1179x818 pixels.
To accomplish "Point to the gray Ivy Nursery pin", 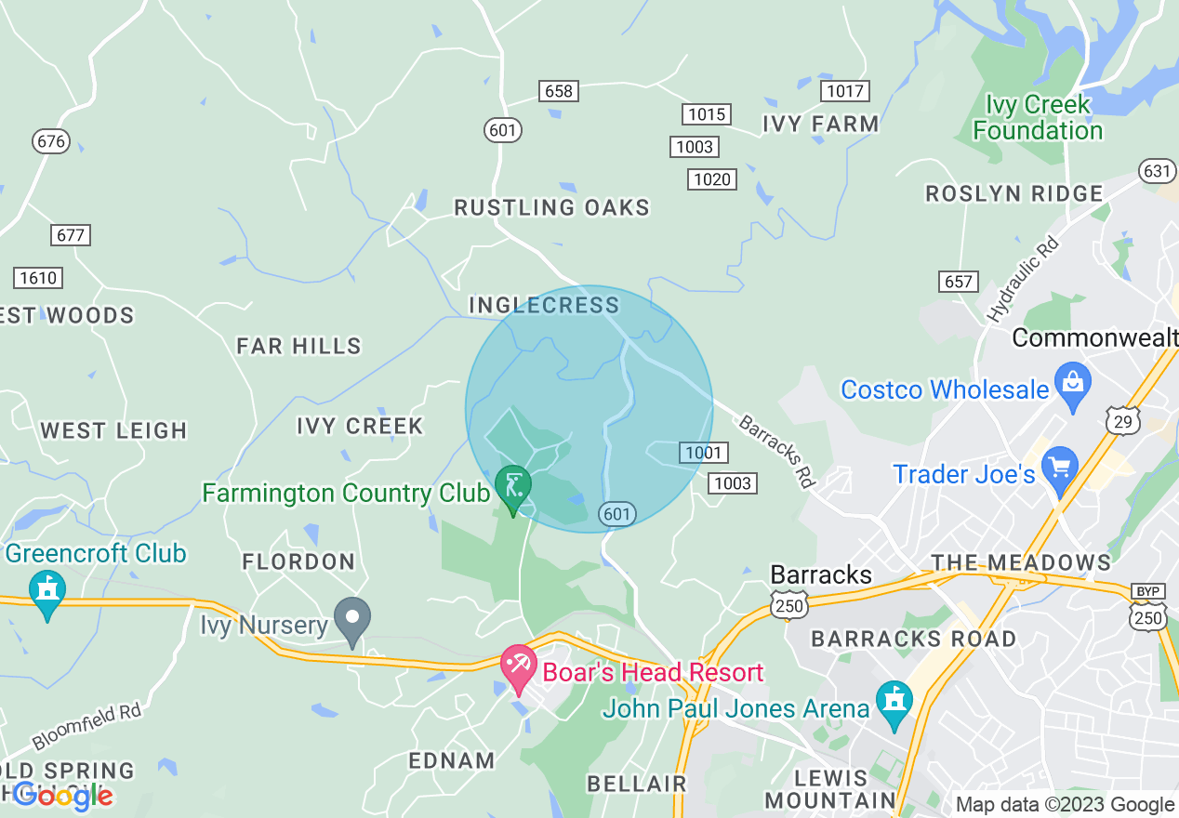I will [x=352, y=620].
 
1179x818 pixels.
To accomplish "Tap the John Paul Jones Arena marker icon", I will [x=894, y=704].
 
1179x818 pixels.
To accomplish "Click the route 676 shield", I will [x=50, y=141].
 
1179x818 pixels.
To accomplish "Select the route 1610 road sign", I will [x=38, y=278].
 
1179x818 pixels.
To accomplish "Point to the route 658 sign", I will [x=558, y=91].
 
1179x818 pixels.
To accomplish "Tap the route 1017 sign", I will [x=844, y=91].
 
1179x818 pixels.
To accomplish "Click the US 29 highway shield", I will [x=1122, y=420].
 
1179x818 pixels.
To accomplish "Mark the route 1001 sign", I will [x=703, y=453].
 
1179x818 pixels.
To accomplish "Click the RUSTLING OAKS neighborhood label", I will [x=551, y=207].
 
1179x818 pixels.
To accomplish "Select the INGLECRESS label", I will [x=544, y=305].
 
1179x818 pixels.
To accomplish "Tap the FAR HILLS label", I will [x=298, y=347].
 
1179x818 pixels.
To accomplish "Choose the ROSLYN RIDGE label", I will [x=1014, y=194].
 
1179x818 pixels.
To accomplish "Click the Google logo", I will [x=62, y=796].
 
